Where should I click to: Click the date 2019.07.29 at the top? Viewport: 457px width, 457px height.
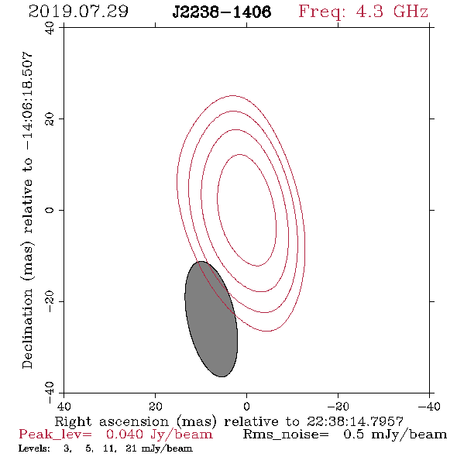click(x=78, y=12)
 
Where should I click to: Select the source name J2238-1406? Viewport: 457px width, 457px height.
click(x=222, y=12)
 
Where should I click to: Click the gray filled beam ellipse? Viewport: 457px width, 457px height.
click(x=211, y=319)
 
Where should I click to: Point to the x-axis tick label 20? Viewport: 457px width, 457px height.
click(x=155, y=407)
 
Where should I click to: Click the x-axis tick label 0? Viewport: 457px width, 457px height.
click(x=246, y=407)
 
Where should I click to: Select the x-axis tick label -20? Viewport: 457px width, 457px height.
click(x=338, y=407)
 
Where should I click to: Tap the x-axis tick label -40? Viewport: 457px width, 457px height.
click(x=429, y=407)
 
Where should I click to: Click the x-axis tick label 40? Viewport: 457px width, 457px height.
click(x=64, y=407)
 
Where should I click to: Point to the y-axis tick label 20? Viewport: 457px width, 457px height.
click(x=50, y=119)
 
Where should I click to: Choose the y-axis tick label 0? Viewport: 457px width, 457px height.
click(x=50, y=210)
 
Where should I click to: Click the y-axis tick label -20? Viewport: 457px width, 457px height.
click(x=50, y=301)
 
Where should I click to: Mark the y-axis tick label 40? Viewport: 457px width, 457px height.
click(x=50, y=28)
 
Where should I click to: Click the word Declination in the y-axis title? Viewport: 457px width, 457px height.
click(x=27, y=328)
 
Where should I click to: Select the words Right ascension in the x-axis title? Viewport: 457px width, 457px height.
click(x=112, y=421)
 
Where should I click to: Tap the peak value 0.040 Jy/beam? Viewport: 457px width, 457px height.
click(x=159, y=435)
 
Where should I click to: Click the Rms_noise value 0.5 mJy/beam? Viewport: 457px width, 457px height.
click(x=395, y=435)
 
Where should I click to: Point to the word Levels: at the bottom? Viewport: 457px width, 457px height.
click(x=34, y=448)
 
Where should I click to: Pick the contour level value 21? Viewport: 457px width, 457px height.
click(x=131, y=448)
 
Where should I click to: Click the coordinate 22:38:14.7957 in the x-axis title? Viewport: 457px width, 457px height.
click(x=355, y=421)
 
